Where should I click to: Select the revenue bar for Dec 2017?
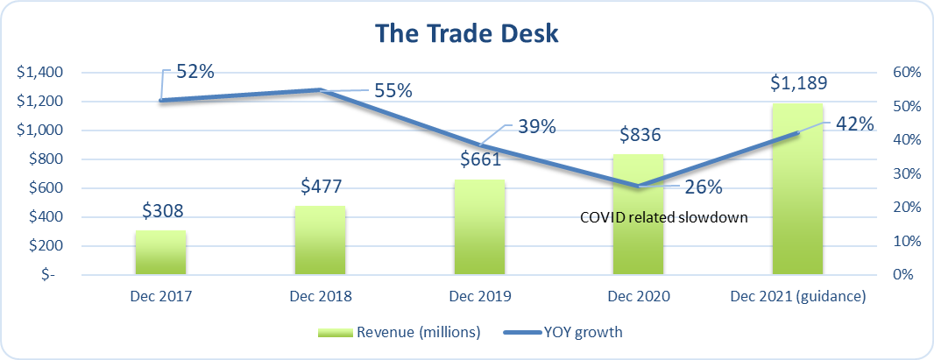(x=160, y=253)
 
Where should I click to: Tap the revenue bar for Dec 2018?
(x=321, y=241)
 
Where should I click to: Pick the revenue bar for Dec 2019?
(x=480, y=228)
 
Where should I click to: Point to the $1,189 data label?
(x=798, y=83)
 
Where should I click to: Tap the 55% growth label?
(x=393, y=90)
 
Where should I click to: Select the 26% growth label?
(x=703, y=187)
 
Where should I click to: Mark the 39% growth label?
(x=536, y=126)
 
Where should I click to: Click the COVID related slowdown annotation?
(x=663, y=217)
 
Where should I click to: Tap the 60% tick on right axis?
(x=903, y=73)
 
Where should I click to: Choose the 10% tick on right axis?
(x=903, y=241)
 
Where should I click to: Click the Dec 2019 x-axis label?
(x=480, y=296)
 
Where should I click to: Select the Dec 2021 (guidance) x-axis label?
(x=798, y=296)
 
